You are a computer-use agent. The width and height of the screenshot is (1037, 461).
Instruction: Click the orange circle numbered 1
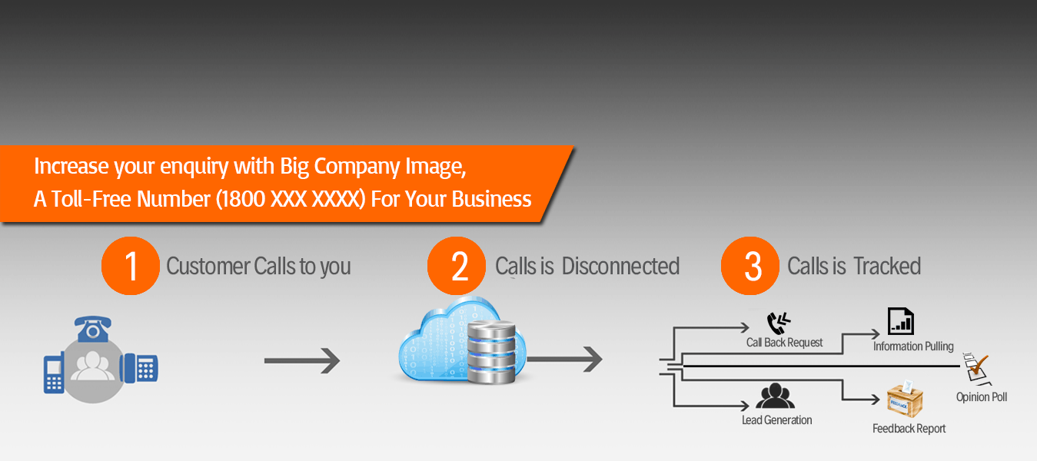(x=131, y=266)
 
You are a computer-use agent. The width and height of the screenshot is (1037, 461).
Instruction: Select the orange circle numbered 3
(x=750, y=266)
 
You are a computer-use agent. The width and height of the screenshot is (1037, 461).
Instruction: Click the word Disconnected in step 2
(x=620, y=267)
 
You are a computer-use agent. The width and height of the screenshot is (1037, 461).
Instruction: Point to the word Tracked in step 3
(x=887, y=267)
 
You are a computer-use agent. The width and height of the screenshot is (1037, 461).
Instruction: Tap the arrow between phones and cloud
(x=301, y=360)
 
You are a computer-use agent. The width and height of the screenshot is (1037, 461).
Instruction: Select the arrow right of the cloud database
(x=565, y=358)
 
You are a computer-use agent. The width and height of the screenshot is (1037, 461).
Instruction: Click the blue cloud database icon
(x=461, y=341)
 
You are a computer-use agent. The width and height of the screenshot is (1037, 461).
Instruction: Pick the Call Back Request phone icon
(x=779, y=323)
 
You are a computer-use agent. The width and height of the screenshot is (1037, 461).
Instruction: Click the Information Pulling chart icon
(x=900, y=321)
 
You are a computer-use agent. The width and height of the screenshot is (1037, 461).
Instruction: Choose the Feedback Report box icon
(x=904, y=400)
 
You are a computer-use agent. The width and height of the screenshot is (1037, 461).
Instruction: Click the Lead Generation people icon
(x=775, y=396)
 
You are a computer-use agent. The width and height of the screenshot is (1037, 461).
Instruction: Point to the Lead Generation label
(x=776, y=420)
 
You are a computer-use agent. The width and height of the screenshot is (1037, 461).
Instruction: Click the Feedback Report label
(x=909, y=429)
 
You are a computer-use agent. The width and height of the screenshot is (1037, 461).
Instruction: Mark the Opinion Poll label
(x=981, y=397)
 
